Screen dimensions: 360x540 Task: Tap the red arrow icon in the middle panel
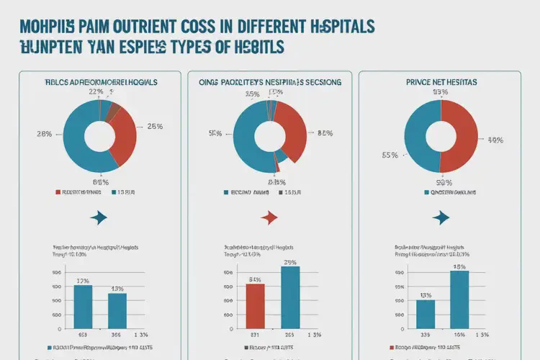269,217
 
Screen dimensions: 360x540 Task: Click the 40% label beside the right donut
495,140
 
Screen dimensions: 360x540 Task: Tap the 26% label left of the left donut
43,134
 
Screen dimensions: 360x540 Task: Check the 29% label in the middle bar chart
291,262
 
